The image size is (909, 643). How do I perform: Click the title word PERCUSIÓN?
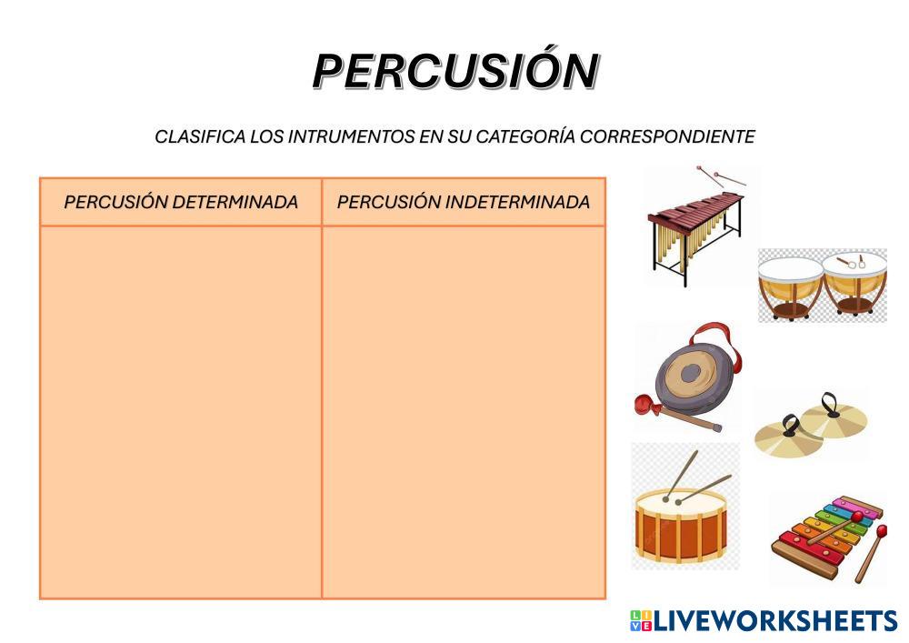click(x=455, y=71)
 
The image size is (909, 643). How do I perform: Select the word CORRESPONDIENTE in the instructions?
click(x=667, y=136)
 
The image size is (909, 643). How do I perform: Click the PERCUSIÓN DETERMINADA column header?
click(x=181, y=202)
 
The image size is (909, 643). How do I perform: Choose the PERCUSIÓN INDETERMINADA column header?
click(x=464, y=202)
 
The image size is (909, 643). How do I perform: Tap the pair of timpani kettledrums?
click(x=823, y=286)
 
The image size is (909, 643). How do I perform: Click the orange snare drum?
click(x=681, y=526)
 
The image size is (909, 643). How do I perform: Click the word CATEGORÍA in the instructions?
click(x=525, y=136)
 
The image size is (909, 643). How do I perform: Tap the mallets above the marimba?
click(x=721, y=176)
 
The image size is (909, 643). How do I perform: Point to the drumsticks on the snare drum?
click(x=695, y=477)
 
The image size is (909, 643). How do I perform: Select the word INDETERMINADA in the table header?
click(x=517, y=202)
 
